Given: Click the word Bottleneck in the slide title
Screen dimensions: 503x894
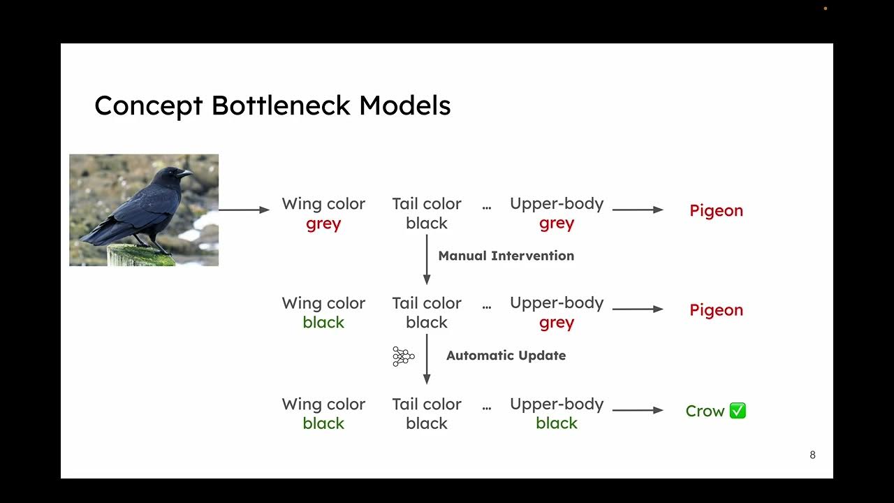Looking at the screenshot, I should [281, 105].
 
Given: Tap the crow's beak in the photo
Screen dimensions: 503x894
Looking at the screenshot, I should [185, 172].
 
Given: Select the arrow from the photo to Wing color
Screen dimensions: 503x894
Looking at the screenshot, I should [244, 210].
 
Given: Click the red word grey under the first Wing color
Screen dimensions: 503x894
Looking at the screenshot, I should [323, 224].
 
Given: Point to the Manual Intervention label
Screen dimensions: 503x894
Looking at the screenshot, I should [506, 256].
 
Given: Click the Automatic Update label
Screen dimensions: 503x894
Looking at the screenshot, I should [506, 356].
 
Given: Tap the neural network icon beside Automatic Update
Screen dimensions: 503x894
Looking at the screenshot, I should [403, 356].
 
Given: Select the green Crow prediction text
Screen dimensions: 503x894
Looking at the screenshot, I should [705, 411].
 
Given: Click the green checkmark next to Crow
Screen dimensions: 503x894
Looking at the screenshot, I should [738, 411].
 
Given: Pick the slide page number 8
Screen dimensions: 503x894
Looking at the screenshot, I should [812, 455].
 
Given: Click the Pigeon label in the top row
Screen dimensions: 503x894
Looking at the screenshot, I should [716, 210].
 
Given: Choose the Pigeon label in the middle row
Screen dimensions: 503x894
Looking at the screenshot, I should [716, 310].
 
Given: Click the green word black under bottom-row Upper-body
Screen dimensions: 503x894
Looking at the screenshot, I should [557, 423].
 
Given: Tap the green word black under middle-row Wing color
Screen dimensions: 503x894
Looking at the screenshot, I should [323, 323].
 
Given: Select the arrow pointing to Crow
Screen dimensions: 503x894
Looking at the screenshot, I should [638, 410].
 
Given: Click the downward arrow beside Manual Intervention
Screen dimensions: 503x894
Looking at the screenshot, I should [427, 259].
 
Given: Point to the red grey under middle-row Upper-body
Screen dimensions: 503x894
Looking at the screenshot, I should [557, 323].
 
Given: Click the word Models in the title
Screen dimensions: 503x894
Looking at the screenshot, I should [405, 105].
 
